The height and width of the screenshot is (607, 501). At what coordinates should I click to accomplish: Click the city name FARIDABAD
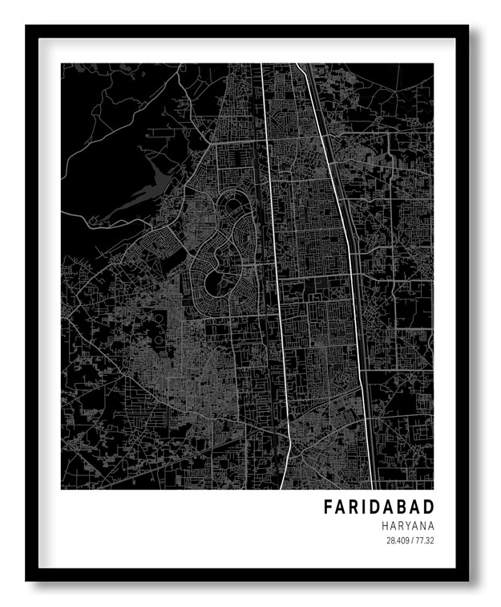pos(378,507)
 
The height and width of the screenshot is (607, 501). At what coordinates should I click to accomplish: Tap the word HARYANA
pos(408,525)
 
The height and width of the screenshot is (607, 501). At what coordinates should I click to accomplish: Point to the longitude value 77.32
pos(424,540)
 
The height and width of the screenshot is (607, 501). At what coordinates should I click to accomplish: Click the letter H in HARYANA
pos(386,525)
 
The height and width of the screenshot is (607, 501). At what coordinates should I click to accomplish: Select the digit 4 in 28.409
pos(398,540)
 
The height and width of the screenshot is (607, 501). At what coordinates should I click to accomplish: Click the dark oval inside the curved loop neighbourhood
pos(215,281)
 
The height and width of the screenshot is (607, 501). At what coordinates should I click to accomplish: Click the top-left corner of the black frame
pos(26,26)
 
